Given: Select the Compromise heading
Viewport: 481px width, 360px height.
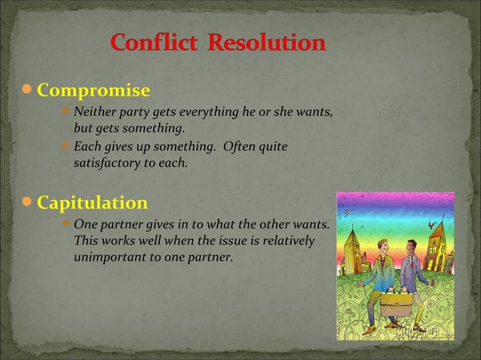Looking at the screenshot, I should tap(93, 91).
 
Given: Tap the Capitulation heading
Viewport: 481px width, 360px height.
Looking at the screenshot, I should tap(92, 203).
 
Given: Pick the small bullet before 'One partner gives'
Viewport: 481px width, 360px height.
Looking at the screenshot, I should tap(66, 224).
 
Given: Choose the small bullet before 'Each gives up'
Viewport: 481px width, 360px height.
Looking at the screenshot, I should tap(66, 145).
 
